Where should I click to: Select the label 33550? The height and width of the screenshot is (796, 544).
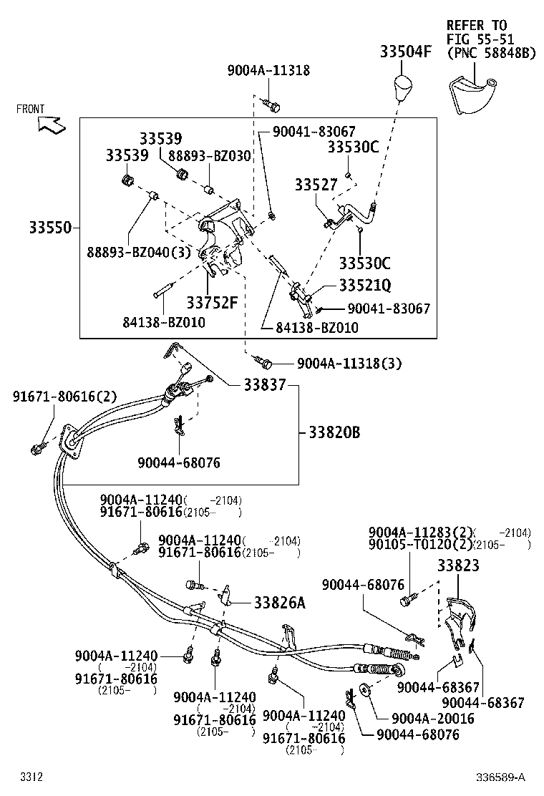point(50,228)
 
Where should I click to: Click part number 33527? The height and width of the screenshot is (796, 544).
point(316,185)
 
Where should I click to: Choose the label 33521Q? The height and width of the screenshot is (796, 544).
point(364,286)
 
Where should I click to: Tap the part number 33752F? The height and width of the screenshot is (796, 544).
point(212,302)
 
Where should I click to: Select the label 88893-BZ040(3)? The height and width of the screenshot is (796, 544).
point(140,253)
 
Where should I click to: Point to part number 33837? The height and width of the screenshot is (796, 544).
point(264,385)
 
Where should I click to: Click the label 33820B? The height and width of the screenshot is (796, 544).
point(334,432)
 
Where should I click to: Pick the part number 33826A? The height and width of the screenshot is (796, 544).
point(279,603)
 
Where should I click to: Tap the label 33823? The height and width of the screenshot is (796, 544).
point(459,566)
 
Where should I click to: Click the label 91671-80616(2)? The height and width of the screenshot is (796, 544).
point(64,397)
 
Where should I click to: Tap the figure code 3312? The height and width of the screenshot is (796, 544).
point(31,777)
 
